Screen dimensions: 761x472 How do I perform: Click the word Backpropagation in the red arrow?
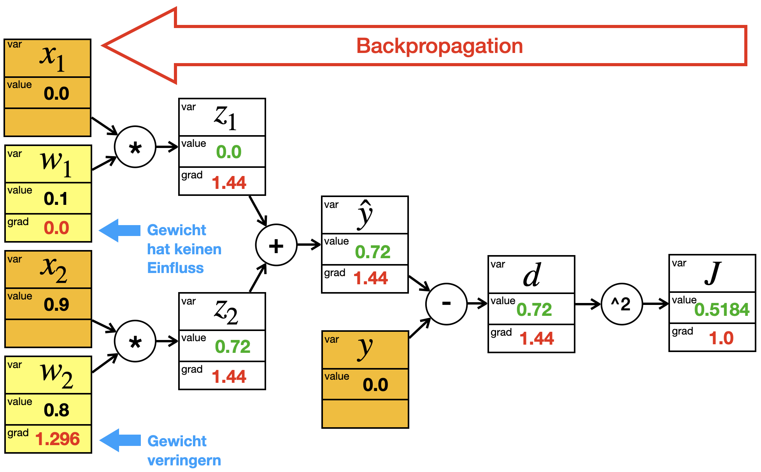(x=440, y=46)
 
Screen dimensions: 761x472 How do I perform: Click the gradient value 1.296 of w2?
(x=58, y=439)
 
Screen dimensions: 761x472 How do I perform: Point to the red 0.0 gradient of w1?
(x=56, y=228)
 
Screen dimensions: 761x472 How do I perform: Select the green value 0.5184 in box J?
(x=722, y=310)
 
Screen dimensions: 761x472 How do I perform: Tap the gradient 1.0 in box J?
(x=721, y=338)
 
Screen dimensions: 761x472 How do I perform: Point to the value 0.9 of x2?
(x=56, y=305)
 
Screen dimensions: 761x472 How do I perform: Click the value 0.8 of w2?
(x=56, y=410)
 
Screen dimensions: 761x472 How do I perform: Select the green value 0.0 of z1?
(x=229, y=152)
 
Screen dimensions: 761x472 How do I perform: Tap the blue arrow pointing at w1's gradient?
(x=120, y=231)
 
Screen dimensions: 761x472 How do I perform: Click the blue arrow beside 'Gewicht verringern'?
(x=120, y=440)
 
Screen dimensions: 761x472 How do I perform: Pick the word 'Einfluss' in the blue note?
(x=175, y=268)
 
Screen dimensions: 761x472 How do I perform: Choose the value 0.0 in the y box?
(x=375, y=385)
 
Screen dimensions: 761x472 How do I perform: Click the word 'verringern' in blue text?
(x=184, y=461)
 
